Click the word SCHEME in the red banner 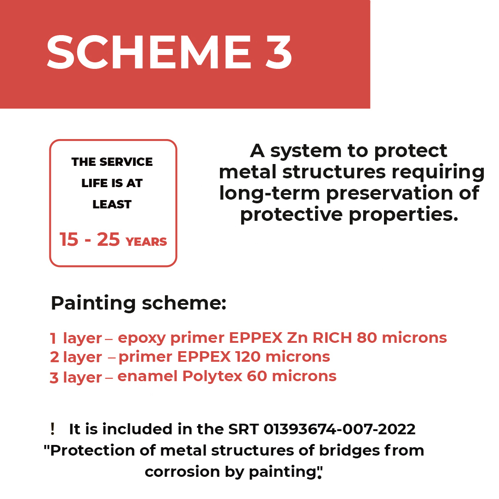[x=149, y=52]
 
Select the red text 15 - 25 [x=90, y=239]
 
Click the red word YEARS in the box [x=146, y=242]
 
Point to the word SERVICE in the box [x=126, y=162]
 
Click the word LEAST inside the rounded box [x=112, y=204]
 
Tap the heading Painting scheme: [x=139, y=303]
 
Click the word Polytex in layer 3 [x=212, y=377]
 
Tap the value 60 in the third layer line [x=256, y=376]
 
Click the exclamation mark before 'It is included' [x=53, y=429]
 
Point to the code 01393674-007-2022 [x=339, y=429]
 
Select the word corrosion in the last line [x=182, y=472]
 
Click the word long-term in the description [x=269, y=194]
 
